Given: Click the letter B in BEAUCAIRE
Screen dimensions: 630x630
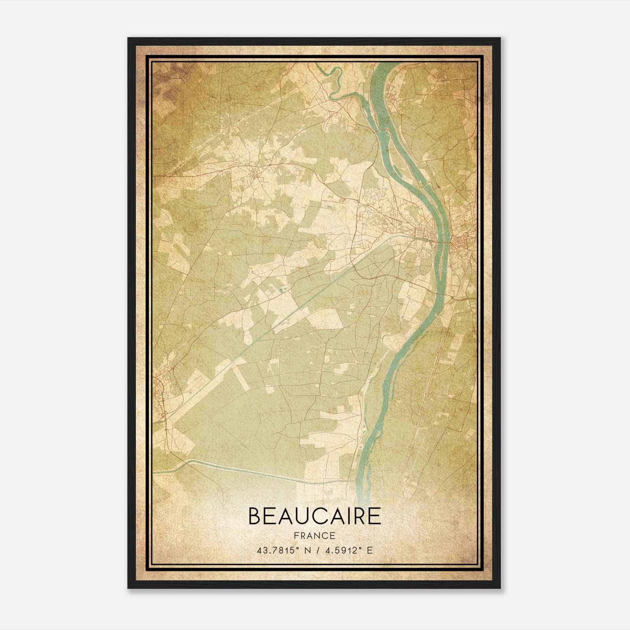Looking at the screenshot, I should coord(255,516).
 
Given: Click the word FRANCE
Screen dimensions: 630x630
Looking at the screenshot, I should coord(315,536).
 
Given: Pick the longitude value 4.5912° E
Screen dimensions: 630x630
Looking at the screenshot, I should coord(346,550).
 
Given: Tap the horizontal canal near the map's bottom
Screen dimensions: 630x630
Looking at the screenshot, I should coord(256,472).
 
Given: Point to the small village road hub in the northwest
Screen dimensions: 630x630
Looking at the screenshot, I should coord(256,174).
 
